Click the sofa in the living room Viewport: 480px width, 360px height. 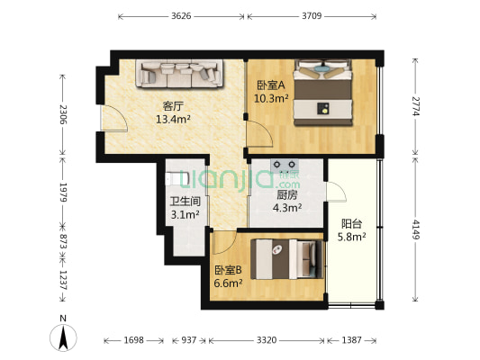pos(179,74)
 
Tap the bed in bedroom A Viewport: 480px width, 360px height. pos(322,93)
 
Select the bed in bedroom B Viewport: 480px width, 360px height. pos(287,259)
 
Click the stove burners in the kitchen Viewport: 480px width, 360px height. pos(285,166)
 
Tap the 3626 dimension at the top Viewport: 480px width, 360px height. pos(181,16)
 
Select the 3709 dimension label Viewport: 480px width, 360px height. pos(312,16)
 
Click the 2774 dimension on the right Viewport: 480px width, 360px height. pos(415,106)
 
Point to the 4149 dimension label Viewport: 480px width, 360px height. pos(415,229)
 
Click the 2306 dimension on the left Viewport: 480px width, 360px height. pos(63,114)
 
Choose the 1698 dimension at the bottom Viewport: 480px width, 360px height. pos(133,340)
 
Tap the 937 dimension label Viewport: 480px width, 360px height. pos(189,340)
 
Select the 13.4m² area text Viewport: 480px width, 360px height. pos(173,119)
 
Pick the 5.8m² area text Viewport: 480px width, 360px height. pos(352,237)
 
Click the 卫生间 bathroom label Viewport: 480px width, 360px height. pos(186,202)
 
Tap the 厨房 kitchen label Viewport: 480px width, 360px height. pos(287,194)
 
